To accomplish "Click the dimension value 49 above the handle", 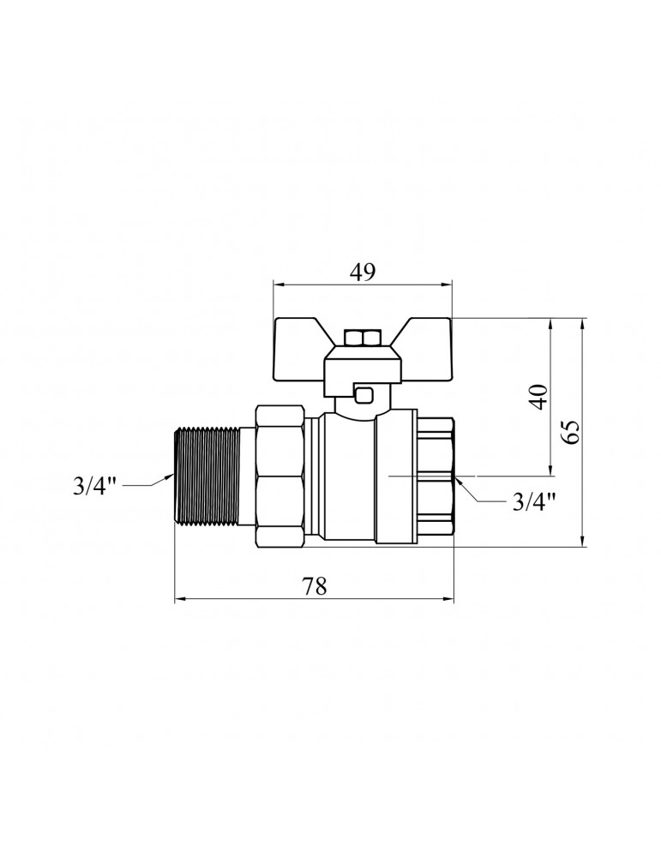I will (x=363, y=272).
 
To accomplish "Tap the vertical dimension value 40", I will (x=538, y=397).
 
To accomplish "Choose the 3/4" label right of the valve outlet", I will (x=534, y=502).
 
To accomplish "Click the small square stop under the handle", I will (x=364, y=395).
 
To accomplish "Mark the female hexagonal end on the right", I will (x=436, y=476).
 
